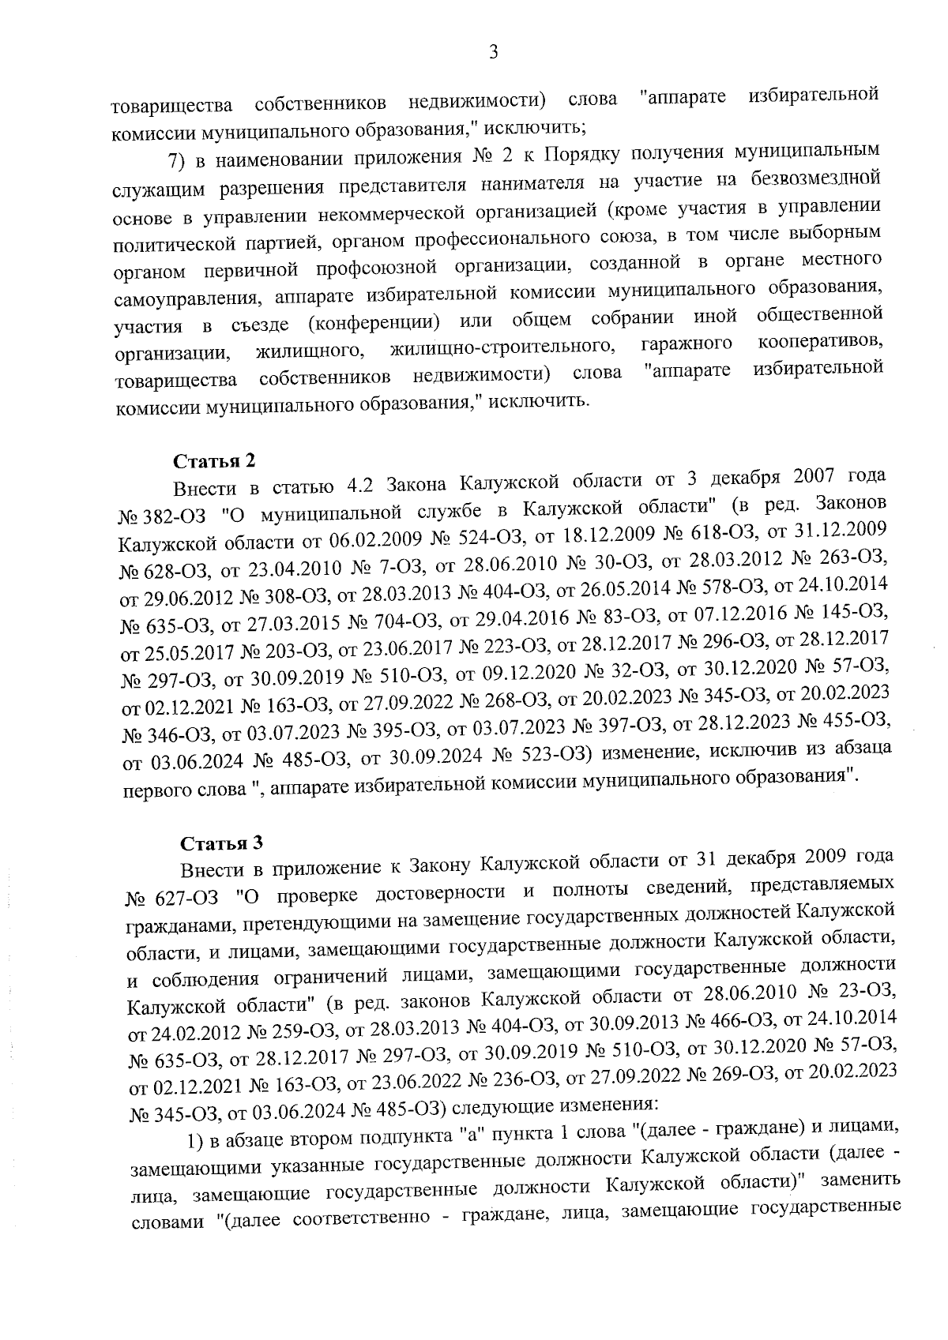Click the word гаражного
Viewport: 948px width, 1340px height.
click(686, 345)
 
